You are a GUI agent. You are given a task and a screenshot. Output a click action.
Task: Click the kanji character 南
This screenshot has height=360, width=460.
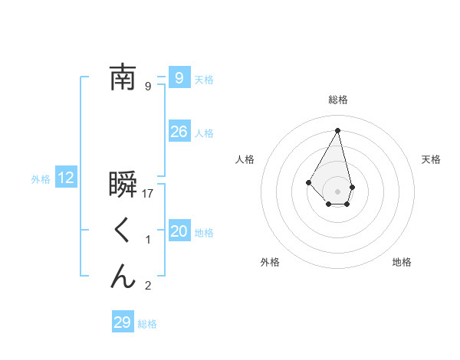pos(123,77)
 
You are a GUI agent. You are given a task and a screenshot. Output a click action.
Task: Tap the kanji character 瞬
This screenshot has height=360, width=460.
pos(123,185)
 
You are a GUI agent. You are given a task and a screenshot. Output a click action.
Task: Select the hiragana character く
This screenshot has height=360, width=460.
pos(123,230)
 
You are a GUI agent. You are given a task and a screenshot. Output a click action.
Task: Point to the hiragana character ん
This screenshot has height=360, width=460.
pos(123,276)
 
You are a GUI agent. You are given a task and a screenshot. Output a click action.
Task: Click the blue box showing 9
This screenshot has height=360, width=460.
pos(179,77)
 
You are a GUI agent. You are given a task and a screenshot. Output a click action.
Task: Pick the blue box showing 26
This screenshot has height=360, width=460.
pos(179,132)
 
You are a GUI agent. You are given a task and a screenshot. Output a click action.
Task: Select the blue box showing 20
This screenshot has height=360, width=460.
pos(179,231)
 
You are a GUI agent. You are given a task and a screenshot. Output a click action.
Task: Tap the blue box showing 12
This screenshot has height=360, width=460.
pos(66,178)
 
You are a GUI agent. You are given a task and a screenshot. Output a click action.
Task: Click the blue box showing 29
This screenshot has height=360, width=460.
pos(122,322)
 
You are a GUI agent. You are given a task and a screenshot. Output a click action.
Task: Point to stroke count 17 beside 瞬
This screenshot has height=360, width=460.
pos(149,194)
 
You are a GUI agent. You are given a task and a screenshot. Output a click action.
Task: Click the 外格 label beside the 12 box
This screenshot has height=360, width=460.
pos(41,179)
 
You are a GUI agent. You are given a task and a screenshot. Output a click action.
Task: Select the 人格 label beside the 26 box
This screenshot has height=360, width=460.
pos(204,133)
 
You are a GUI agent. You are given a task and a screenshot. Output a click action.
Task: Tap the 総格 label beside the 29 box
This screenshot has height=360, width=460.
pos(147,324)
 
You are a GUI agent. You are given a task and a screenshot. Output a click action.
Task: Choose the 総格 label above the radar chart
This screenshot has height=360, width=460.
pos(338,100)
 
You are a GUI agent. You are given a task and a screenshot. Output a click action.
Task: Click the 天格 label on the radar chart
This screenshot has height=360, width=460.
pos(432,159)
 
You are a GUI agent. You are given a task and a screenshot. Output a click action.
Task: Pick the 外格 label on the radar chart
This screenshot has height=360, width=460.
pos(270,262)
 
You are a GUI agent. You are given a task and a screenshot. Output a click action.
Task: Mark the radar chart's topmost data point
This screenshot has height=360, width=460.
pos(338,129)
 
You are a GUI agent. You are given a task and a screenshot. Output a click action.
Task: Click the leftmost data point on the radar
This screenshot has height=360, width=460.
pos(309,182)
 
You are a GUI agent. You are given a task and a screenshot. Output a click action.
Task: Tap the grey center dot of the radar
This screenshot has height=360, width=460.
pos(338,191)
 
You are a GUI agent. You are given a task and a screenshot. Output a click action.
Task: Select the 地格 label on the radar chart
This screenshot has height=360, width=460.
pos(402,262)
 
